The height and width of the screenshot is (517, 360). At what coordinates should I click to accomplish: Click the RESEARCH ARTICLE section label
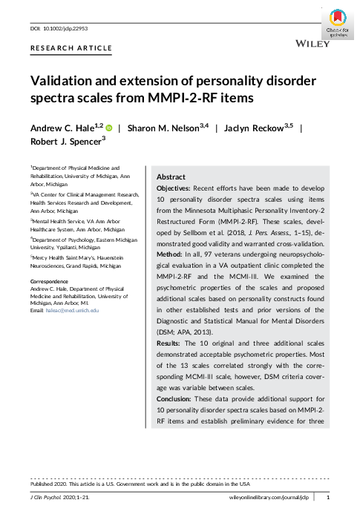coord(71,48)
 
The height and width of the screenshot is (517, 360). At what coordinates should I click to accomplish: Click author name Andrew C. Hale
coord(62,128)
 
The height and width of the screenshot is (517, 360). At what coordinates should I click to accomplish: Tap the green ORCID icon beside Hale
coord(108,128)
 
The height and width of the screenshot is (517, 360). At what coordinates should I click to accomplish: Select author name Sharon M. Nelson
coord(163,128)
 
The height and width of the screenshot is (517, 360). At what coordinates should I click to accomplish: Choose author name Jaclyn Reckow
coord(252,128)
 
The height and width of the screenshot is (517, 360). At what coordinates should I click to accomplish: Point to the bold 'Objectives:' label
coord(177,191)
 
